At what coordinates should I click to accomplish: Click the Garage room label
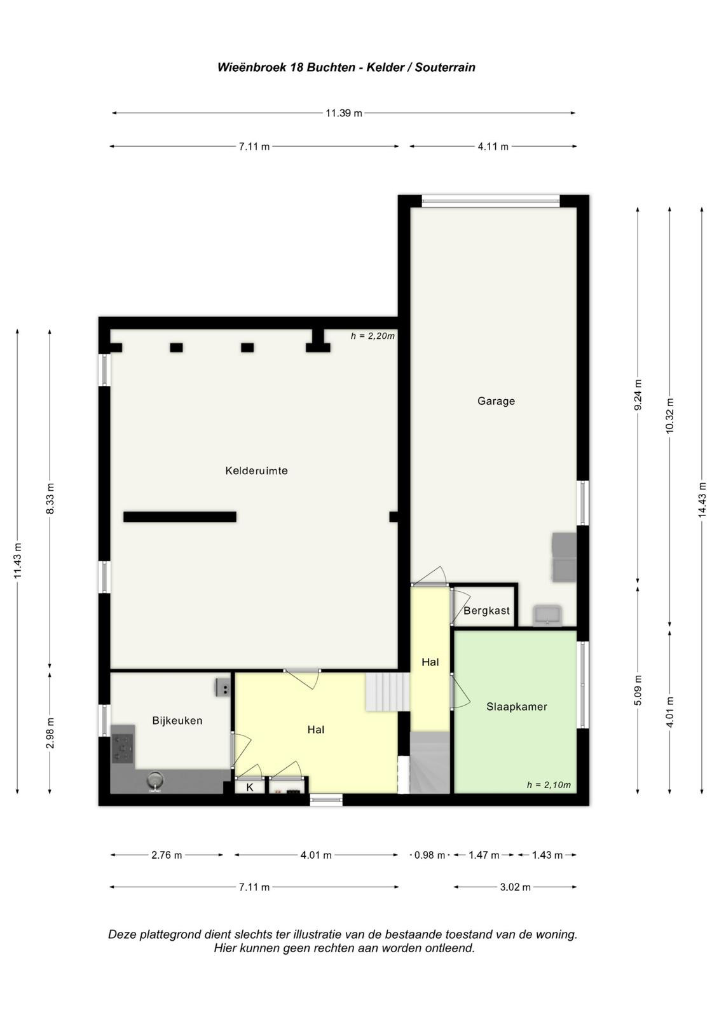495,401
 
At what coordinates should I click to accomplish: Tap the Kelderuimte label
256,470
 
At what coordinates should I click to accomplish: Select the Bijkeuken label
177,721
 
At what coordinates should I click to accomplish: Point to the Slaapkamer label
516,706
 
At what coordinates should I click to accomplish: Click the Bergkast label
486,611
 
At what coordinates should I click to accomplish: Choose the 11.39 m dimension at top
344,113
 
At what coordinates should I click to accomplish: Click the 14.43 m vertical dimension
702,500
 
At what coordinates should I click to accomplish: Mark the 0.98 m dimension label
430,856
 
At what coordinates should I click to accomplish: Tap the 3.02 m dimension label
515,887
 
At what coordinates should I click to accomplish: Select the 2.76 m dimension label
166,856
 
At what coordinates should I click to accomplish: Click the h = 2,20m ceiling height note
373,336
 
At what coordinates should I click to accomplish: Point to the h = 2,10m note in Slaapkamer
549,785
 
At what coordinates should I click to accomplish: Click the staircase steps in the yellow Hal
388,692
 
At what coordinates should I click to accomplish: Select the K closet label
249,788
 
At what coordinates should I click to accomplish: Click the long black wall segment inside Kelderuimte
180,517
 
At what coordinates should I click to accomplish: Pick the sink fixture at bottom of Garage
548,616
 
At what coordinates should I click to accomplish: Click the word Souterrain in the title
444,67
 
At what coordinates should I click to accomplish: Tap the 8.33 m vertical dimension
50,498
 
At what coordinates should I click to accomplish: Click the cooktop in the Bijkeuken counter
123,748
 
